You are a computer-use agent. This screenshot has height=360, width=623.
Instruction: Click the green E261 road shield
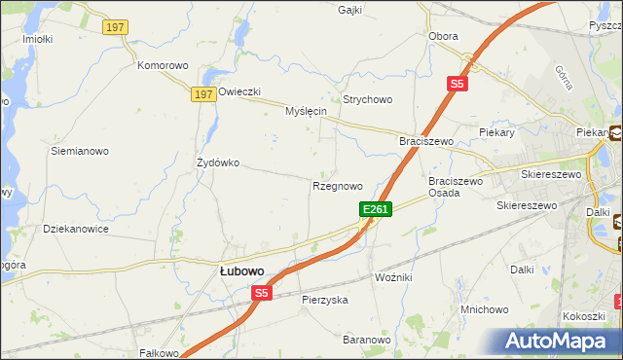(x=376, y=209)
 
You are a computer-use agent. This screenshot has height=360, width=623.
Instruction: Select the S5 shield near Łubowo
(x=261, y=292)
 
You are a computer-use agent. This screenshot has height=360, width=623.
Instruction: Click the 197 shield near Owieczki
(x=202, y=93)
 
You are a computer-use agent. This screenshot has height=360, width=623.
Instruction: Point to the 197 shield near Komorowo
(x=114, y=27)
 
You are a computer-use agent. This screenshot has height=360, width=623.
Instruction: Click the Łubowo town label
(x=238, y=271)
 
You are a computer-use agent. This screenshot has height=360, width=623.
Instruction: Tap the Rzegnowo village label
(x=338, y=185)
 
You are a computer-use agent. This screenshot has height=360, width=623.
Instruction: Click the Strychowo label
(x=367, y=99)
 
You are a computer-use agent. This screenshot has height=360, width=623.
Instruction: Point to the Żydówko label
(x=218, y=162)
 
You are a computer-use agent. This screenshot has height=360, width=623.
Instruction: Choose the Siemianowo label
(x=80, y=152)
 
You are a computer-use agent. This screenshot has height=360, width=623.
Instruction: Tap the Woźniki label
(x=394, y=277)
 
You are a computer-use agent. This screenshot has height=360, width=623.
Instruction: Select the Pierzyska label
(x=325, y=300)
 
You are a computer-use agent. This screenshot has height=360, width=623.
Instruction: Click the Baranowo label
(x=366, y=340)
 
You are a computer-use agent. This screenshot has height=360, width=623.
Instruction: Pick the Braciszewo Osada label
(x=457, y=187)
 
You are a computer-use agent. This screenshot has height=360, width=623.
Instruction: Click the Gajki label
(x=349, y=10)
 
